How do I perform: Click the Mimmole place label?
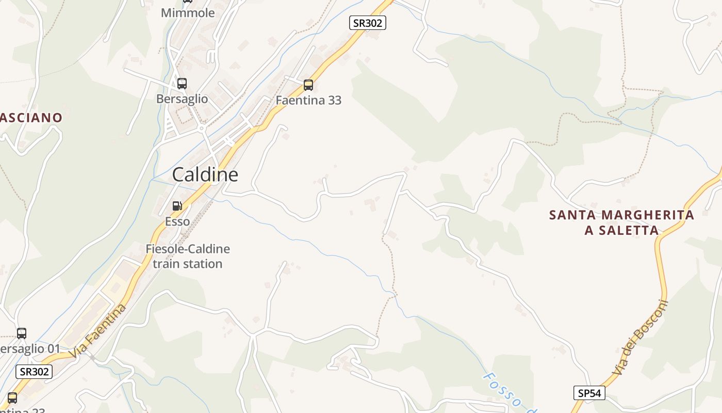point(188,13)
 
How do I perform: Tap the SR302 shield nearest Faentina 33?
point(367,23)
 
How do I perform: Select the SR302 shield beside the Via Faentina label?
point(35,371)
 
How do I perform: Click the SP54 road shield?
point(589,393)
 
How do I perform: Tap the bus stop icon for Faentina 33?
point(308,85)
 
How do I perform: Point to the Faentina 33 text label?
point(308,100)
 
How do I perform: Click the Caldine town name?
point(205,174)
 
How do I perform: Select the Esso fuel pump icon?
point(177,206)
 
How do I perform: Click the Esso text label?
point(177,221)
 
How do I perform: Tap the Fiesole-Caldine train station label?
point(188,256)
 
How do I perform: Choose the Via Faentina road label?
point(98,331)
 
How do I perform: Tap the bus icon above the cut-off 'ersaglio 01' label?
point(21,333)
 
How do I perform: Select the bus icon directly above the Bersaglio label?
point(182,84)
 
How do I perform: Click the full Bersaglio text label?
point(182,99)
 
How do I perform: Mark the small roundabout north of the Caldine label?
point(202,128)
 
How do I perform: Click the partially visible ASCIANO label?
point(31,118)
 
